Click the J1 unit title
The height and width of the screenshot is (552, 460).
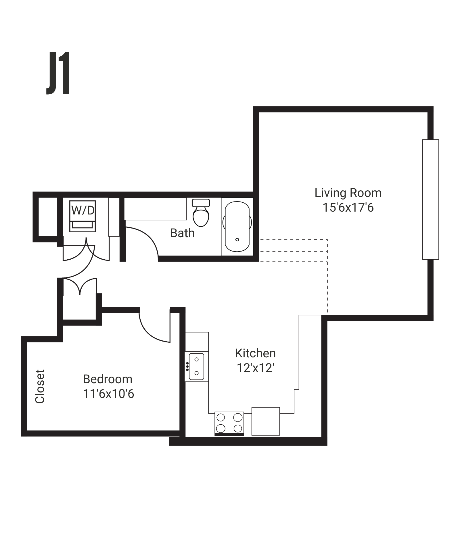click(x=58, y=73)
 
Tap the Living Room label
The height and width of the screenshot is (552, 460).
click(x=348, y=193)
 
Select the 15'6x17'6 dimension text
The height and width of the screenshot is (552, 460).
click(x=348, y=208)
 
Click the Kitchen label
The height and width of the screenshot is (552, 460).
click(x=255, y=353)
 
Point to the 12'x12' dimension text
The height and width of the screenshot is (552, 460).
click(x=255, y=368)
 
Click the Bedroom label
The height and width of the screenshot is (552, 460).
click(x=108, y=379)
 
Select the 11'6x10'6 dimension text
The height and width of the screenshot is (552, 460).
click(x=108, y=394)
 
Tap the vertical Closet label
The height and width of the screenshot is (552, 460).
click(x=40, y=386)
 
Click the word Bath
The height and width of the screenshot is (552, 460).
click(x=182, y=233)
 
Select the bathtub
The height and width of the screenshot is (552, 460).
click(x=237, y=227)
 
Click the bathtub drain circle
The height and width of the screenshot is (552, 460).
click(x=237, y=239)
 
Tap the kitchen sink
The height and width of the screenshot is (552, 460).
click(x=197, y=366)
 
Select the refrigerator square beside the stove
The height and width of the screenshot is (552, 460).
click(x=266, y=421)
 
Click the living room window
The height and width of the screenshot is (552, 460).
click(x=430, y=200)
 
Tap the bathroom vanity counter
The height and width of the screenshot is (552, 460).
click(x=155, y=209)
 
